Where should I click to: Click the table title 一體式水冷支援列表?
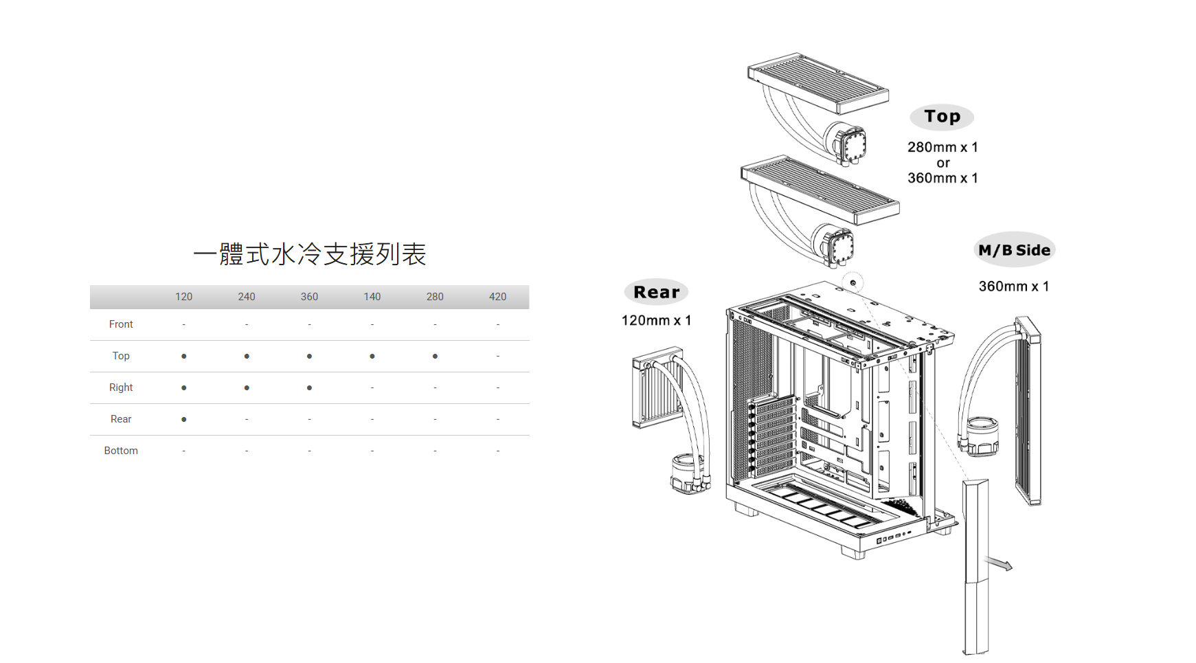[310, 254]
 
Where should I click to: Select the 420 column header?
[497, 297]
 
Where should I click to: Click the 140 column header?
[372, 297]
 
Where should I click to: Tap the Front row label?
[121, 324]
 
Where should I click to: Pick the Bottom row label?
[121, 451]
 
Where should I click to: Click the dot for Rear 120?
[183, 419]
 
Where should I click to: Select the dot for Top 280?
[435, 356]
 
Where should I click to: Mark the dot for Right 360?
[309, 387]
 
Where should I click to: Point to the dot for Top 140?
[372, 356]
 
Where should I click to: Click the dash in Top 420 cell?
[497, 356]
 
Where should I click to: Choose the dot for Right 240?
[247, 387]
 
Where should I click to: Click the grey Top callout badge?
[942, 117]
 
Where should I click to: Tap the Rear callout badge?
[656, 292]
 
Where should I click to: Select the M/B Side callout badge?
[1014, 250]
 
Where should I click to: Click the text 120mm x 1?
[656, 320]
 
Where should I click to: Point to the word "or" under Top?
[943, 163]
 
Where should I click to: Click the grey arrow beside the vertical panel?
[1000, 564]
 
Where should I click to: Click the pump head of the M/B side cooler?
[982, 436]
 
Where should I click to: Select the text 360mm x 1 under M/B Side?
[1013, 286]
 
